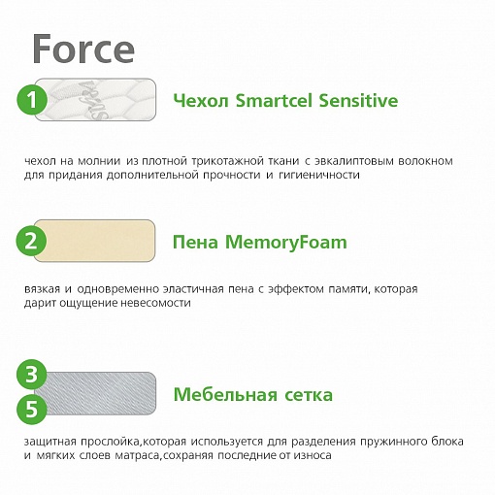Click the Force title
tap(83, 49)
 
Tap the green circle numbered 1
tap(32, 99)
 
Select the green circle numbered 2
tap(31, 241)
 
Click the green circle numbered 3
tap(32, 375)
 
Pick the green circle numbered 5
tap(32, 409)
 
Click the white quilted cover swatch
tap(96, 100)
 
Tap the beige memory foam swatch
tap(95, 241)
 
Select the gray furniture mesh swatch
tap(96, 393)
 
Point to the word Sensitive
tap(358, 100)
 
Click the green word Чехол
tap(201, 101)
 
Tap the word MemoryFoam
tap(286, 243)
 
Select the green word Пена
tap(196, 243)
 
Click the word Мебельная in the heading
tap(225, 395)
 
